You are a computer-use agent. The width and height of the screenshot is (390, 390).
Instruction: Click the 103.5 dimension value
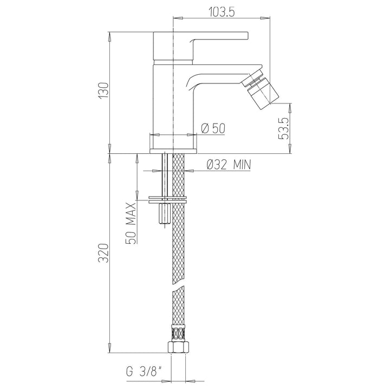tap(221, 11)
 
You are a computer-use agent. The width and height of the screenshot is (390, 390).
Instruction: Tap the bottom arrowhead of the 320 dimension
tap(110, 348)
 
